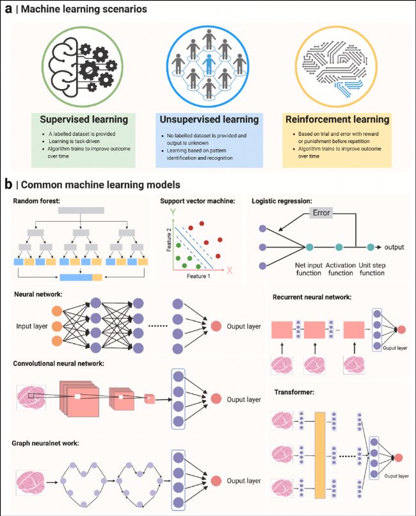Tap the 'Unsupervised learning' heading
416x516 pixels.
[x=208, y=119]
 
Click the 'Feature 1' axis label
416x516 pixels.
[x=198, y=274]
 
